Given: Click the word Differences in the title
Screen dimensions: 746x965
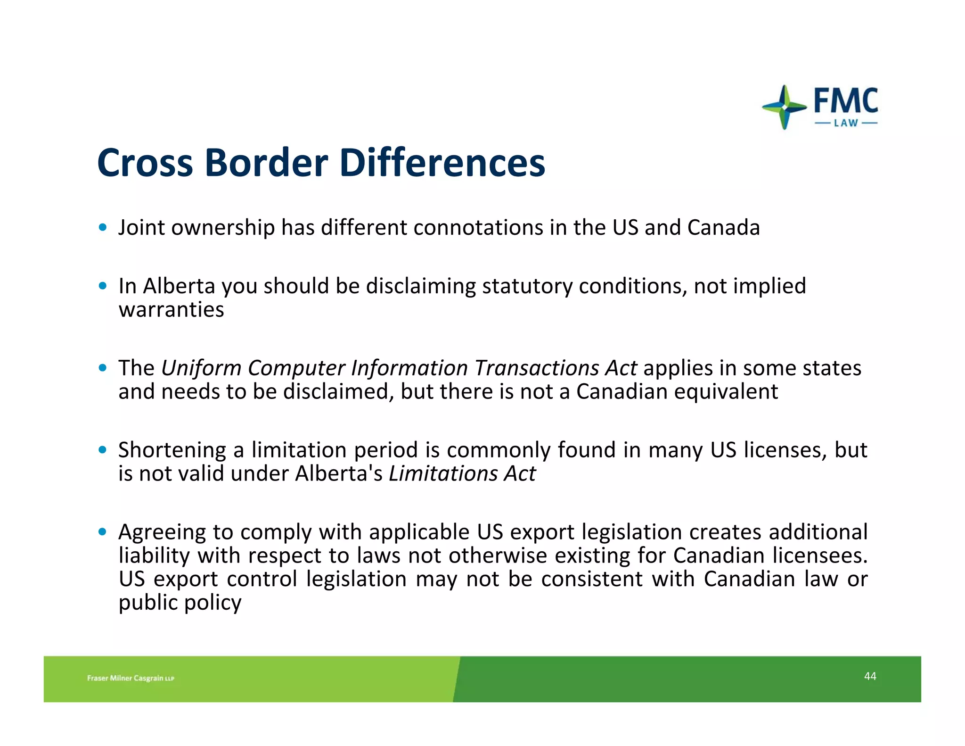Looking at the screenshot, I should (442, 163).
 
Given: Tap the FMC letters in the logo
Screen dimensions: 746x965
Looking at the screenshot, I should (846, 101).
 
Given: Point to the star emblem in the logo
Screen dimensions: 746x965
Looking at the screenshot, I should (784, 107).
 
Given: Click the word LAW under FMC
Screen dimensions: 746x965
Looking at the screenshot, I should (846, 124).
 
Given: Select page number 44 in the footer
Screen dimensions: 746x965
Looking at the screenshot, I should (870, 676).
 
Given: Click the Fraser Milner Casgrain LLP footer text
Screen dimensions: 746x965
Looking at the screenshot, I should (131, 678).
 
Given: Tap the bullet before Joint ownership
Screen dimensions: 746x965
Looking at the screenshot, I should (103, 228).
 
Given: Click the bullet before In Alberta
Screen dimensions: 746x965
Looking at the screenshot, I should (103, 286).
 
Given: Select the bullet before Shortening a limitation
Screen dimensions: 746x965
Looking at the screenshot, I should (103, 450).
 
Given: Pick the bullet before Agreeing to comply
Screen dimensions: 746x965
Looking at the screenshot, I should (103, 532).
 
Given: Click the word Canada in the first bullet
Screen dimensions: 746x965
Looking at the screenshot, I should (723, 228).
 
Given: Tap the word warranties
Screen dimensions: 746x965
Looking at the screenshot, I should (171, 310).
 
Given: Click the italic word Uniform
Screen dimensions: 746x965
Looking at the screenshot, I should (201, 368).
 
